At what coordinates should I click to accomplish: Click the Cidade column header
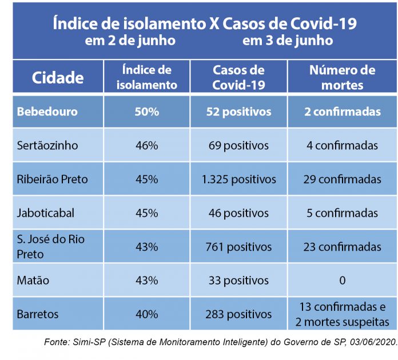click(x=58, y=77)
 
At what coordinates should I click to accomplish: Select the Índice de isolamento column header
click(x=147, y=77)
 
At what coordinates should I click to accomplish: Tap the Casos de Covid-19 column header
click(x=238, y=77)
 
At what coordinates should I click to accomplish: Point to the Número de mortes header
click(x=342, y=77)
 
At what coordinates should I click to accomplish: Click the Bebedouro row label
click(x=47, y=112)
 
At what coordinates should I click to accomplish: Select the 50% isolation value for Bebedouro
click(x=147, y=112)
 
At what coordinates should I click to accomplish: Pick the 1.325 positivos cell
click(x=238, y=180)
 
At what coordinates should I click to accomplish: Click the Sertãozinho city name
click(x=47, y=145)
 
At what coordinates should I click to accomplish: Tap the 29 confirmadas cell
click(x=342, y=180)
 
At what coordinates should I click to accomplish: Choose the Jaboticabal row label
click(x=46, y=213)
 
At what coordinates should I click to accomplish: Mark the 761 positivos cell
click(x=238, y=247)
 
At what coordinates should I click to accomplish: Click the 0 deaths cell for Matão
click(x=342, y=281)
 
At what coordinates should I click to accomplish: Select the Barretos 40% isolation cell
click(x=147, y=314)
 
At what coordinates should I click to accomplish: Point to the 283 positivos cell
click(x=238, y=314)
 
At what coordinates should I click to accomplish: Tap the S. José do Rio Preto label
click(x=50, y=246)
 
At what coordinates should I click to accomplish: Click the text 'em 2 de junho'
click(x=130, y=41)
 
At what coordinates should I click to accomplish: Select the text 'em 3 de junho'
click(x=288, y=41)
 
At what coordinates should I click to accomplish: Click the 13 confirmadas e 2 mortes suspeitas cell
click(x=342, y=314)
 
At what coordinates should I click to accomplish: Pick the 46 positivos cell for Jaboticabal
click(x=238, y=213)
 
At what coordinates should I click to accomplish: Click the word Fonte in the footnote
click(x=57, y=342)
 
